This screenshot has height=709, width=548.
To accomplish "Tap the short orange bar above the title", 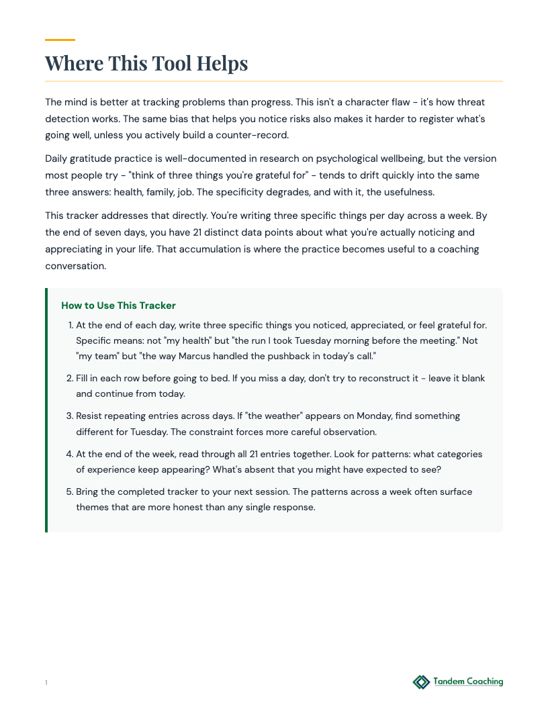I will [60, 40].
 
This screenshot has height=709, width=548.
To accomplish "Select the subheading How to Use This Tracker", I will [118, 305].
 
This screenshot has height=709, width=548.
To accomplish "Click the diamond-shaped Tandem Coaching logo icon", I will [421, 682].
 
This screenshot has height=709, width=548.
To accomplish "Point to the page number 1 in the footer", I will [46, 683].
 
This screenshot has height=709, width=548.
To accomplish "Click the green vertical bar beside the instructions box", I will [46, 410].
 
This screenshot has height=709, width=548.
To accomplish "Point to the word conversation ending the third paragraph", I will [75, 265].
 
